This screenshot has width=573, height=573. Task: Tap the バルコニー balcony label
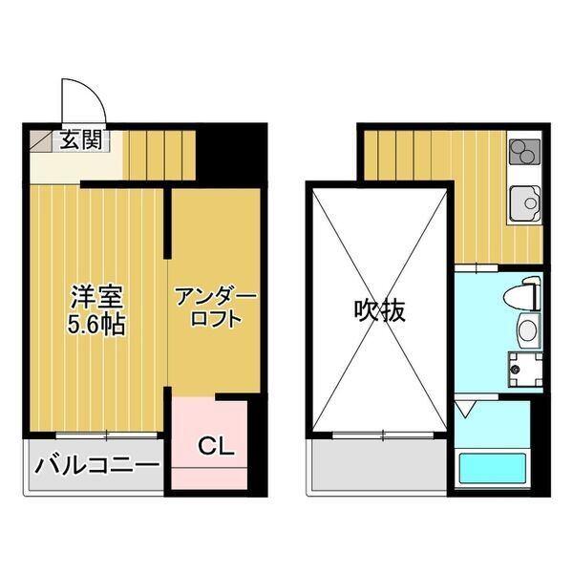click(x=96, y=467)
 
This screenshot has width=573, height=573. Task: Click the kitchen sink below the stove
click(x=524, y=202)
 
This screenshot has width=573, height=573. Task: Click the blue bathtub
click(x=493, y=469)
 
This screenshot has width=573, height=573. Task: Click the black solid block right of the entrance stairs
click(x=227, y=151)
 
